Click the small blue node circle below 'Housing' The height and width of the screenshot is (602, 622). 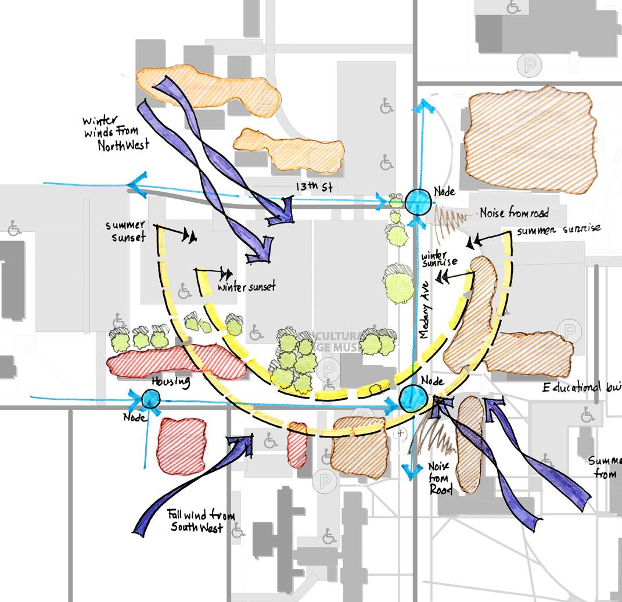point(150,398)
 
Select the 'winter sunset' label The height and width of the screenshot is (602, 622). point(246,286)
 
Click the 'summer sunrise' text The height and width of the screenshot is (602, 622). point(558,229)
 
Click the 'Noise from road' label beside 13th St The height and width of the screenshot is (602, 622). point(514,213)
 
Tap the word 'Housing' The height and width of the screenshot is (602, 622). point(171,381)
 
